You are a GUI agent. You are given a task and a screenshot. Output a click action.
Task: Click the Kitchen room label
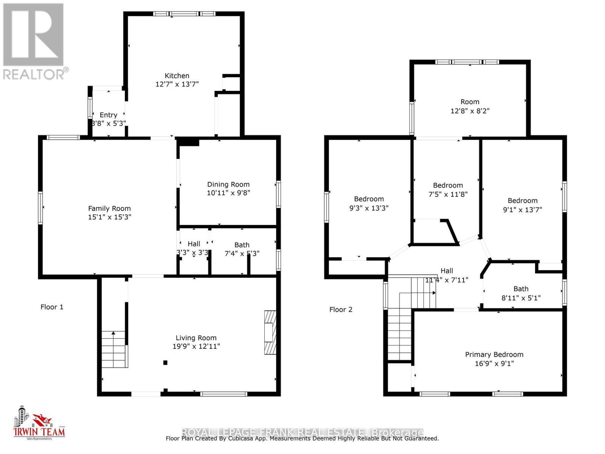(x=177, y=76)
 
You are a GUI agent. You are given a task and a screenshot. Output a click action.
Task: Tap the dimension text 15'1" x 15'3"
(x=109, y=217)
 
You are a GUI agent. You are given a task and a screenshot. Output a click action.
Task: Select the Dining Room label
(x=228, y=184)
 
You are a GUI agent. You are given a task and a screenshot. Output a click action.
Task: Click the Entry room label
(x=109, y=115)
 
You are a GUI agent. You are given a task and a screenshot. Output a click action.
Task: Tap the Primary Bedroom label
(x=494, y=354)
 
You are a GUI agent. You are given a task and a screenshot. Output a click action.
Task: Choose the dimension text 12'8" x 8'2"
(x=470, y=111)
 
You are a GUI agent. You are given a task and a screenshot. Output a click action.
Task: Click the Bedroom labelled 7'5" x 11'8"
(x=448, y=185)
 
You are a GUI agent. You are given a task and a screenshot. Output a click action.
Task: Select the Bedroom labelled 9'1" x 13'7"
(x=522, y=201)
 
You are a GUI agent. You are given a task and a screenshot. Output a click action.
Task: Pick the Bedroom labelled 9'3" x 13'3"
(x=369, y=199)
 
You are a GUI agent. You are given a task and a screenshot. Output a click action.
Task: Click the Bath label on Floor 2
(x=521, y=289)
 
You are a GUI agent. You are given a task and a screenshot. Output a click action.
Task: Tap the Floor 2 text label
(x=341, y=309)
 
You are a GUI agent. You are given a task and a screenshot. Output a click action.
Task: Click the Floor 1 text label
(x=52, y=307)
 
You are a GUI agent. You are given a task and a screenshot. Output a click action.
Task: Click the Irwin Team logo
(x=39, y=424)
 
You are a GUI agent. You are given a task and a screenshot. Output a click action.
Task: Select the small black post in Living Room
(x=165, y=362)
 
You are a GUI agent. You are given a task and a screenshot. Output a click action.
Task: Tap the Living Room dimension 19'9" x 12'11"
(x=196, y=346)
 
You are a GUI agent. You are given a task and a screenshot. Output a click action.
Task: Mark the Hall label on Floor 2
(x=447, y=271)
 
